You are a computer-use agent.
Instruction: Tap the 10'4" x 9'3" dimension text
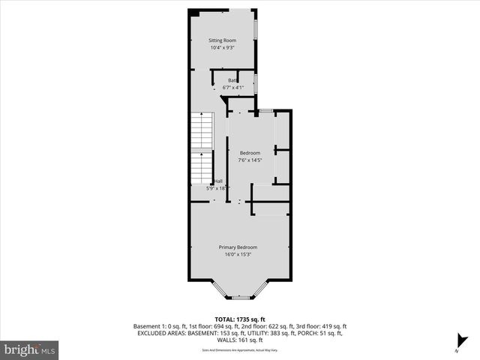point(222,48)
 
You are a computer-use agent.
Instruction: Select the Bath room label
point(233,79)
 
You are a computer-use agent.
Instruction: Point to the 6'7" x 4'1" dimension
point(233,88)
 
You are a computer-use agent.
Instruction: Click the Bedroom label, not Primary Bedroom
point(250,153)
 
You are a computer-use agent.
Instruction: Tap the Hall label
point(219,181)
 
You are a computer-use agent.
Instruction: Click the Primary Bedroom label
point(238,247)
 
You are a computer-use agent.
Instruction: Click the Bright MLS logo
point(30,349)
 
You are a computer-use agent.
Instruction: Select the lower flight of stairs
point(201,168)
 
